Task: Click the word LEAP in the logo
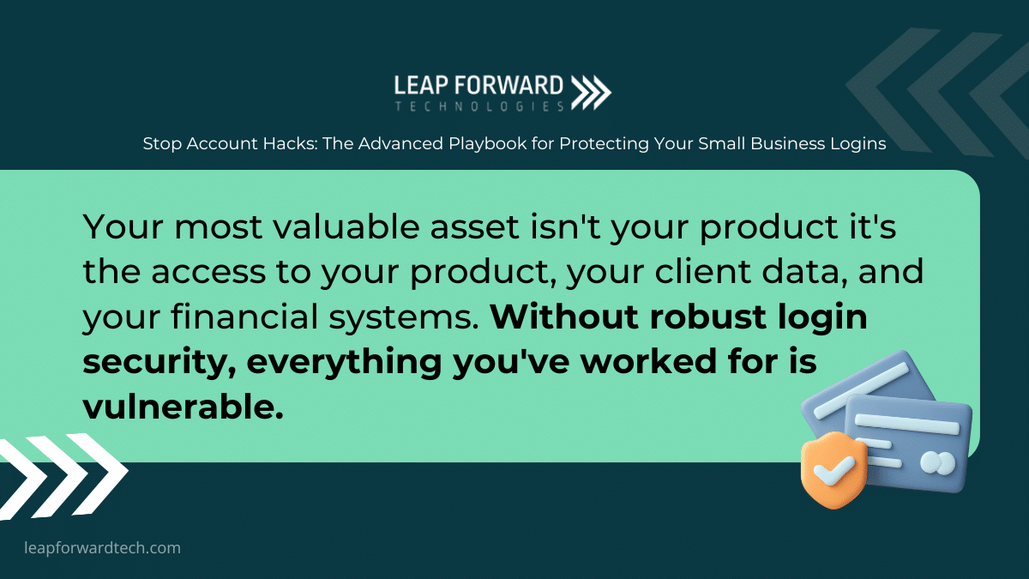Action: click(421, 86)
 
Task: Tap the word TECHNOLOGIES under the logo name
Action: click(479, 106)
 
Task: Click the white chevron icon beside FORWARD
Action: click(591, 93)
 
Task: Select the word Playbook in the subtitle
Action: click(487, 144)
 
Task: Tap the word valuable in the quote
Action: click(346, 226)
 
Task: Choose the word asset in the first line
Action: click(474, 228)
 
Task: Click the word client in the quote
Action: click(703, 271)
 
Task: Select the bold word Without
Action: click(564, 317)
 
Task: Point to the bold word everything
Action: click(344, 362)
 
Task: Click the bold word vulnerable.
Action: click(183, 407)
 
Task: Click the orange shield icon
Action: click(833, 470)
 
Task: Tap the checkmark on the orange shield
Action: click(833, 470)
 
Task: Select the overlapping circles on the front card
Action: click(937, 463)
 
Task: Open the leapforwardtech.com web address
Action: click(102, 548)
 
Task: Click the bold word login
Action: click(822, 317)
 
